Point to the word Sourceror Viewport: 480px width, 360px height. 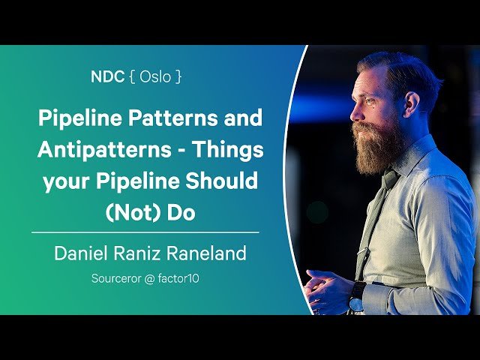pos(121,278)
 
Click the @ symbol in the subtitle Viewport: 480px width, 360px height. pos(158,278)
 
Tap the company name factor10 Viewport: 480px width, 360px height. pos(186,278)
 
